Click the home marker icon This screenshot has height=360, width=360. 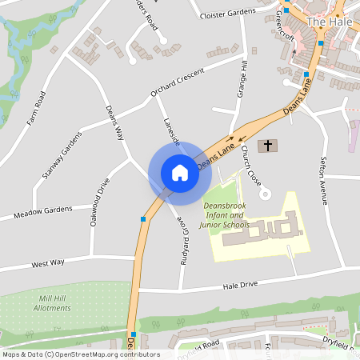179,173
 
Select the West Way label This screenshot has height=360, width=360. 47,262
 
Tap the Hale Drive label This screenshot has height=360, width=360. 241,284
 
